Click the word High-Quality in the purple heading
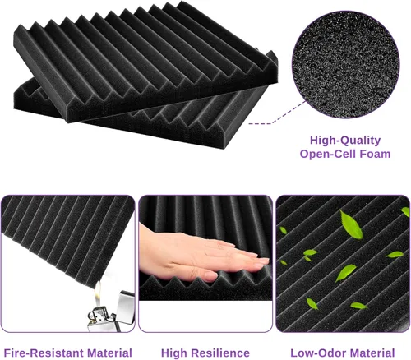tap(345, 141)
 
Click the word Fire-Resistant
tap(44, 353)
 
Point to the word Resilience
tap(224, 353)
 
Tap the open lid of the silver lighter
tap(125, 307)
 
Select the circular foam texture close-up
tap(345, 65)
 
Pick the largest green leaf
tap(351, 224)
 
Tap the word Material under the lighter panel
tap(109, 353)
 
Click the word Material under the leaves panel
tap(372, 353)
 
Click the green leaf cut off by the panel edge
tap(405, 212)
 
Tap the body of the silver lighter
tap(101, 320)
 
